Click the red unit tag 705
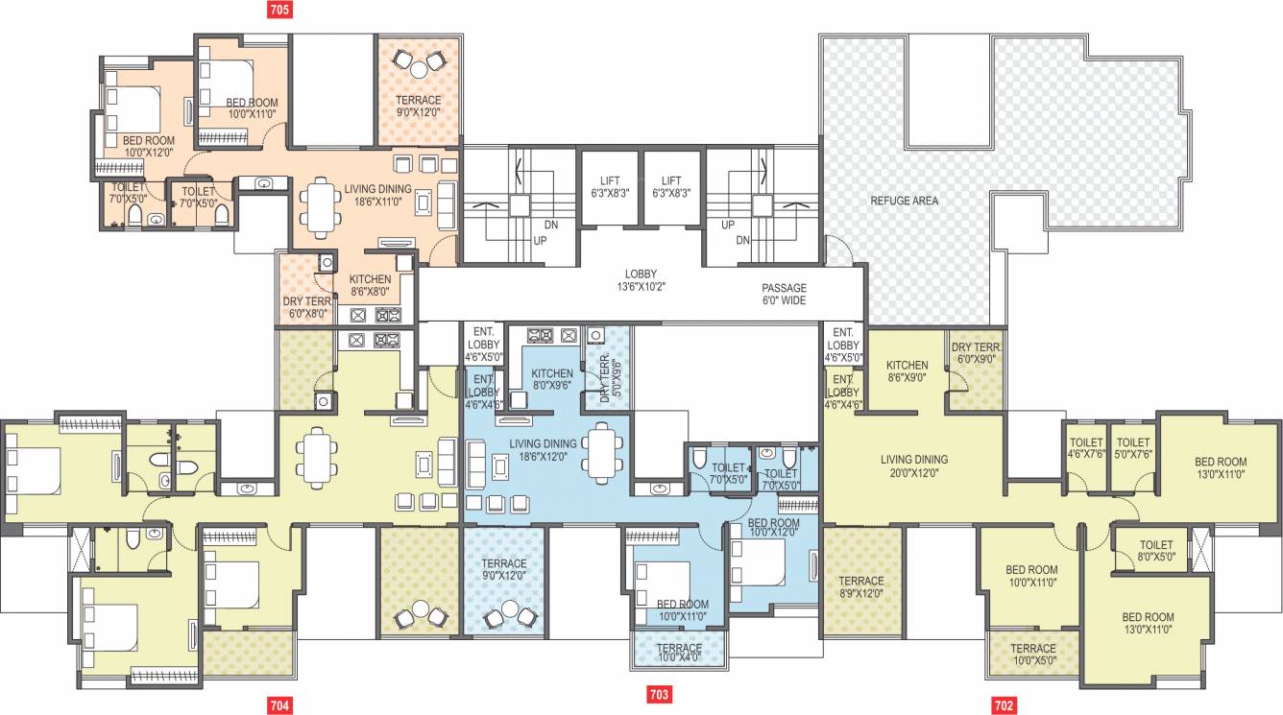point(279,11)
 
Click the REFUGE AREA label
point(904,201)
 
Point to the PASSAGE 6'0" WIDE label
point(785,294)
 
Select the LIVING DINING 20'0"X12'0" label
point(913,465)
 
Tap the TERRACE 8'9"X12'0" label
point(861,587)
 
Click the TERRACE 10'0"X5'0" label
point(1032,655)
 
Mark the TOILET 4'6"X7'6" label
point(1087,448)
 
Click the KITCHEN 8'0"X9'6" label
point(552,380)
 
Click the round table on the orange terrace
point(419,68)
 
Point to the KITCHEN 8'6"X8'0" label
point(369,286)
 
